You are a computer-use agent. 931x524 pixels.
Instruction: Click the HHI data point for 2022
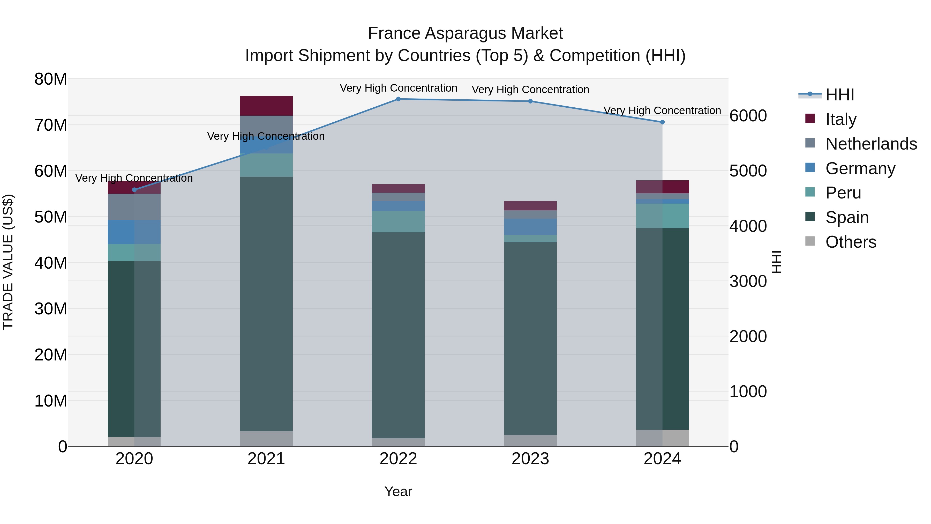(398, 99)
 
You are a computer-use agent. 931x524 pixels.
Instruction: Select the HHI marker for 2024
(662, 122)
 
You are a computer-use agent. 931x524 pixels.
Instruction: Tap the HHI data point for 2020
(134, 190)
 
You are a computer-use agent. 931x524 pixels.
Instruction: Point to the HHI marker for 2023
(530, 101)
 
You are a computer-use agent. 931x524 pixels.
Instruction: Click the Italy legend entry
(841, 119)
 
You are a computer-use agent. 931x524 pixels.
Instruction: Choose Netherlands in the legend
(871, 144)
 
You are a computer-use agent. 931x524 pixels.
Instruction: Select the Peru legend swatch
(810, 192)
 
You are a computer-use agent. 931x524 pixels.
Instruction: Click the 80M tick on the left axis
(51, 79)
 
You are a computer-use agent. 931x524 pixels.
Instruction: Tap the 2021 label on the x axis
(266, 459)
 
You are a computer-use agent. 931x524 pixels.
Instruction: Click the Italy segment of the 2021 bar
(266, 106)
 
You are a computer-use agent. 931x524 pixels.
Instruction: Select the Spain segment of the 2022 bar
(398, 335)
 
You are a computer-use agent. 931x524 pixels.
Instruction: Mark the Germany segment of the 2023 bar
(530, 227)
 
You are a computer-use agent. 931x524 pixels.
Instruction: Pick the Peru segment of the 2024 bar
(662, 216)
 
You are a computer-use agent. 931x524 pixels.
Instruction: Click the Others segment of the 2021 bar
(266, 438)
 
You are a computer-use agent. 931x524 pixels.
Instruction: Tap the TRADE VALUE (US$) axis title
(8, 262)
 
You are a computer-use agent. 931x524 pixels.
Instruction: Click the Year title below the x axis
(398, 491)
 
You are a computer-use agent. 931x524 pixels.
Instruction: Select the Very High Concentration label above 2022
(398, 88)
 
